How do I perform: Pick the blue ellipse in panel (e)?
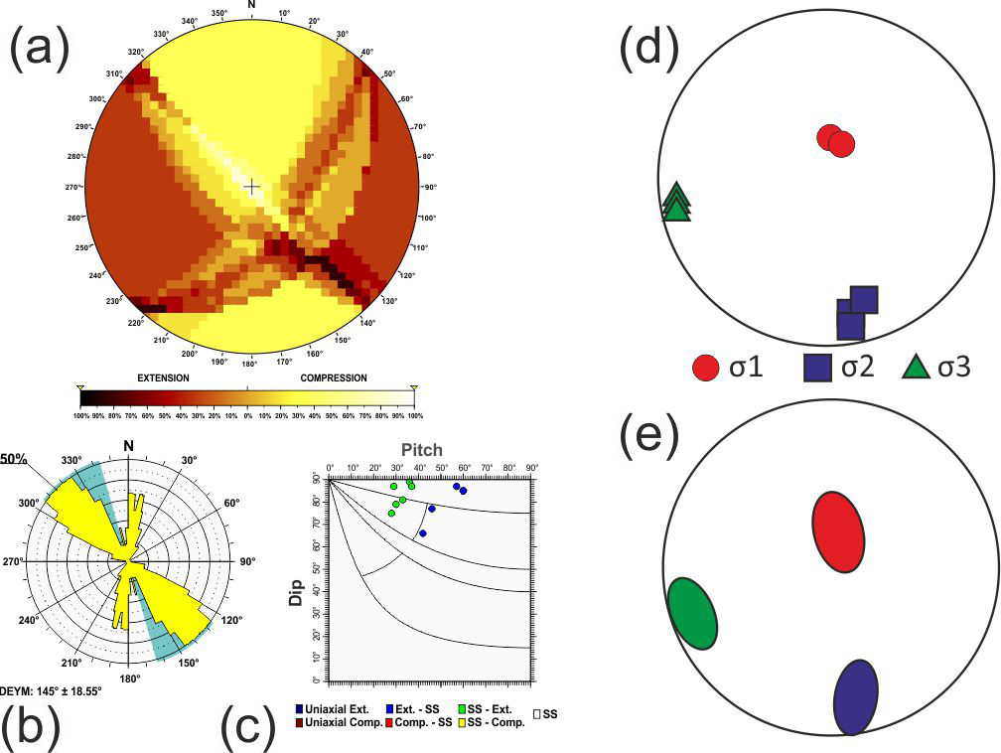point(855,697)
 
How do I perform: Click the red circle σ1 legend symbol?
point(705,369)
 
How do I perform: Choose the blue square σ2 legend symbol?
point(817,369)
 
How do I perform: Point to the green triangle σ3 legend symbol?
point(916,369)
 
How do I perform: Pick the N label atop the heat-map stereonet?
point(251,5)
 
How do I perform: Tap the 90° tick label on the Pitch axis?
point(531,467)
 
